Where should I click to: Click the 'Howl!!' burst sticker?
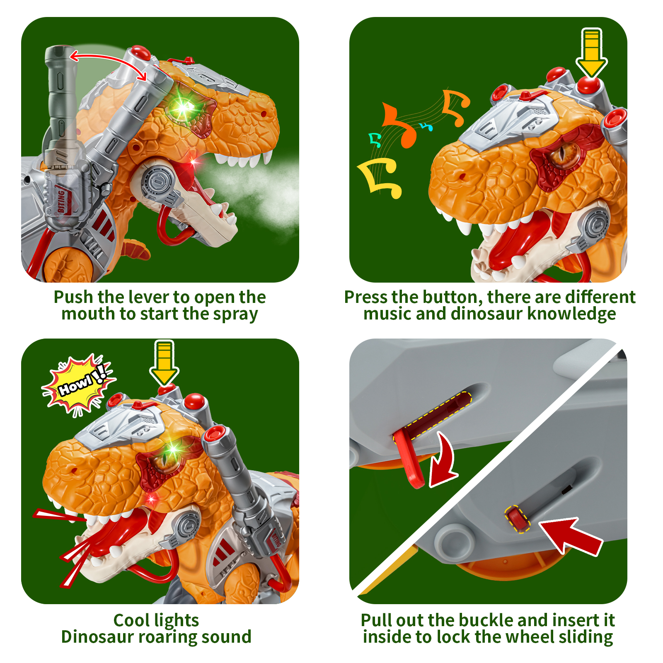click(x=78, y=384)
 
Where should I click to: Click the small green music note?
click(x=375, y=140)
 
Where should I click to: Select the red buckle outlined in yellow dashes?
click(x=517, y=519)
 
